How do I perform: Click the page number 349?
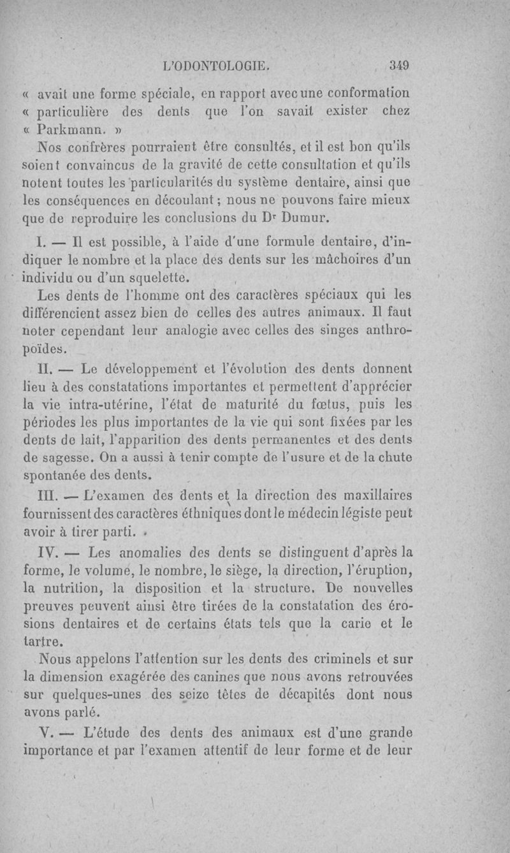click(x=401, y=64)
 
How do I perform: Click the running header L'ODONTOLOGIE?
click(x=218, y=64)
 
